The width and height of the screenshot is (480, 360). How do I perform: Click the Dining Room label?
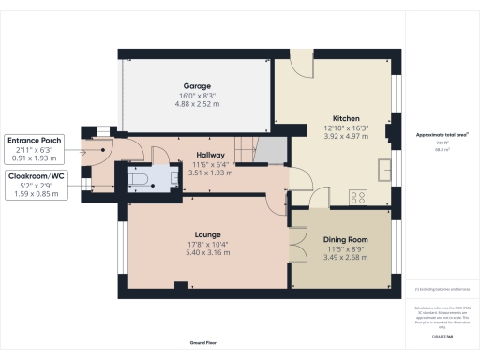click(338, 240)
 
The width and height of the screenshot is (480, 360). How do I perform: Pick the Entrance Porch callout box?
click(33, 140)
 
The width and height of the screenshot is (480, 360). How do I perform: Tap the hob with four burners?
click(357, 198)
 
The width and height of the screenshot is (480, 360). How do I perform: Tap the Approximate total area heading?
click(442, 135)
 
